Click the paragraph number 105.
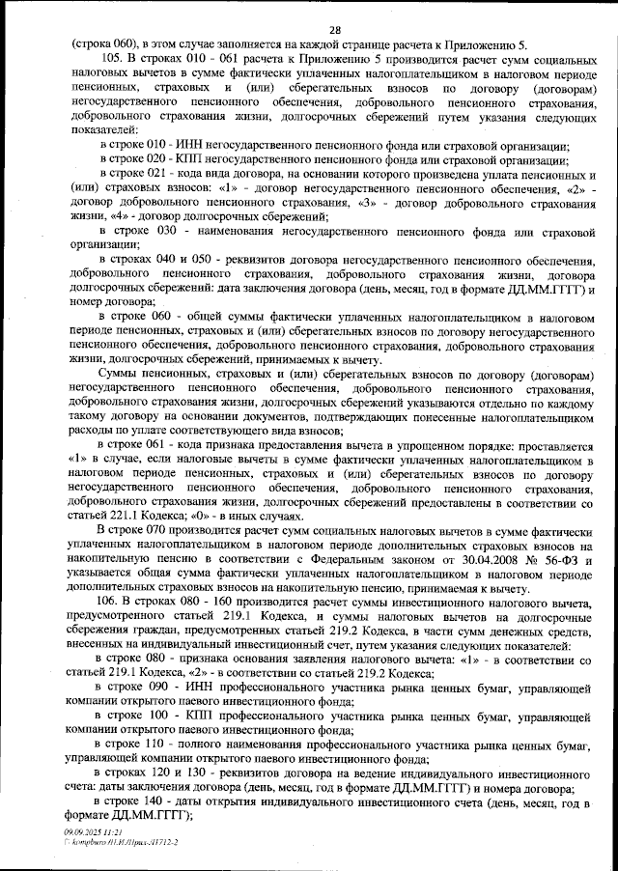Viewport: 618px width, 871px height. click(x=112, y=59)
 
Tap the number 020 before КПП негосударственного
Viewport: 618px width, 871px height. click(x=163, y=158)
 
